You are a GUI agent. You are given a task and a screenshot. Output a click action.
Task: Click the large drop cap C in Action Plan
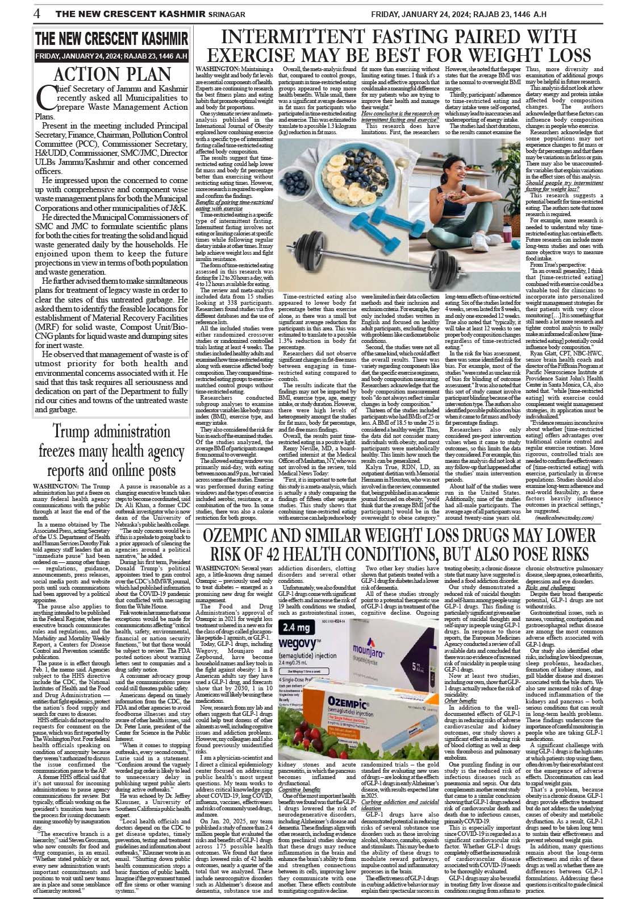tap(43, 97)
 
